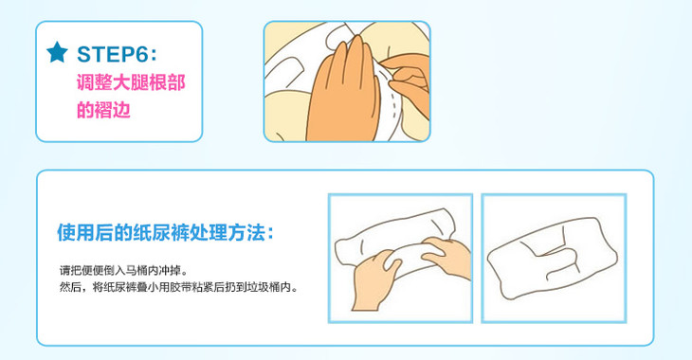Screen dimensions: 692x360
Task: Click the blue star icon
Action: [58, 52]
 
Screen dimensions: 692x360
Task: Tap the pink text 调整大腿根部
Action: [131, 82]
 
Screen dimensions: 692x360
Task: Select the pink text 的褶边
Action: [103, 110]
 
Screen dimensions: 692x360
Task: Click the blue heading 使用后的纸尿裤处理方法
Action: [161, 232]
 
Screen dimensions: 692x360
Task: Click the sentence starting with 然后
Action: [179, 288]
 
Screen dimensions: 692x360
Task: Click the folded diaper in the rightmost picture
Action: [552, 258]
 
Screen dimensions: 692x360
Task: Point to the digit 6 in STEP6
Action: [140, 54]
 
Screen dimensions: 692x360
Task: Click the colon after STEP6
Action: [154, 56]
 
